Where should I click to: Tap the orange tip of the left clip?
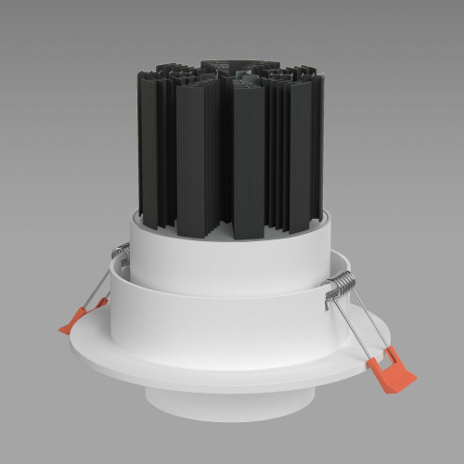[73, 320]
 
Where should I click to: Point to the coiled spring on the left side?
[120, 251]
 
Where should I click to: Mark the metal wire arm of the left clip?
[93, 292]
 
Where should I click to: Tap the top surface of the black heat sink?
[227, 70]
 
